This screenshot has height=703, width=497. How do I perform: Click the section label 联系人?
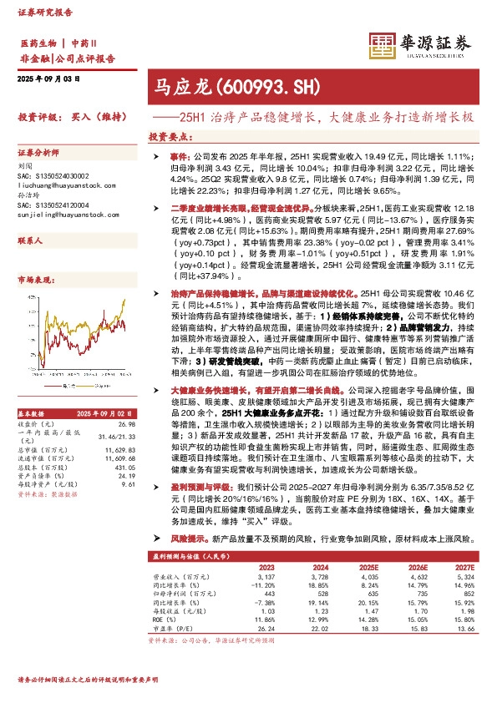(x=31, y=240)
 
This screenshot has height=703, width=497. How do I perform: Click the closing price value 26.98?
(x=127, y=424)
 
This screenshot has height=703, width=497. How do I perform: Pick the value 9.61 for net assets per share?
(x=129, y=484)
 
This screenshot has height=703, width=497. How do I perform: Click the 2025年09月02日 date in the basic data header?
(x=104, y=414)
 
